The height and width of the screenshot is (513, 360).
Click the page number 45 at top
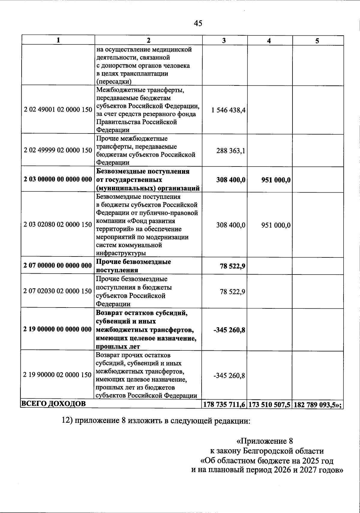pos(198,23)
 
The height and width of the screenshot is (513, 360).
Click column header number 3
pos(224,41)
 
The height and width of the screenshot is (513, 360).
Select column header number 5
pos(317,41)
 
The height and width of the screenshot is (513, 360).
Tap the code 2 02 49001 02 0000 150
pos(58,110)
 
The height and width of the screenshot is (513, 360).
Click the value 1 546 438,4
pos(228,110)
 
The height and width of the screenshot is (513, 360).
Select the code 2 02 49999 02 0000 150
pos(58,150)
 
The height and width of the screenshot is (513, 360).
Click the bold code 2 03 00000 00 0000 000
pos(58,180)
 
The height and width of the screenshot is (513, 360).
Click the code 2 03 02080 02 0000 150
pos(58,225)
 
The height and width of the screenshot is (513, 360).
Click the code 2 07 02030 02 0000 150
pos(58,291)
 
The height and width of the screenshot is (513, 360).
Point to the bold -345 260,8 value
pos(229,330)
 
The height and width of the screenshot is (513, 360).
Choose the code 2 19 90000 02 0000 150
pos(58,375)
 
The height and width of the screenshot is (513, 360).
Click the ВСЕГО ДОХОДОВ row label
pos(53,404)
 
